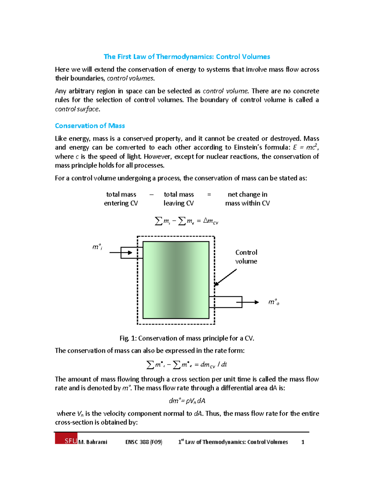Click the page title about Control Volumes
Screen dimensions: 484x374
(x=187, y=57)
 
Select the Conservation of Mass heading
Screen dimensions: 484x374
(x=90, y=126)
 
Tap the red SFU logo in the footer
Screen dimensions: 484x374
(x=66, y=438)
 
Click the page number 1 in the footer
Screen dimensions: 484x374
(x=303, y=442)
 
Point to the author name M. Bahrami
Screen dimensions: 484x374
(x=93, y=442)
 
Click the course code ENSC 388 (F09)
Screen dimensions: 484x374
(x=144, y=442)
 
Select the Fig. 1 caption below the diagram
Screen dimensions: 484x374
(x=187, y=338)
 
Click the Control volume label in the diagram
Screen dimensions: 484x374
(x=246, y=257)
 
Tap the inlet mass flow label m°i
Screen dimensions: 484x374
(x=97, y=247)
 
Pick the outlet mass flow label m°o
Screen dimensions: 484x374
(x=274, y=302)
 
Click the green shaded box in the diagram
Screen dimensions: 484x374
(x=176, y=280)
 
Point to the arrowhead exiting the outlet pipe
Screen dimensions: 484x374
(x=256, y=302)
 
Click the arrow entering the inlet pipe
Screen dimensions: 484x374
(x=125, y=252)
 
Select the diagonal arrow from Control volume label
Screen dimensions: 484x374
(x=225, y=277)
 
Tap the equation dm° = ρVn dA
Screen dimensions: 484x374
(x=187, y=401)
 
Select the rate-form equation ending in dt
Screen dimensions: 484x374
(x=187, y=365)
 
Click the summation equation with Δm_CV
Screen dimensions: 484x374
(x=186, y=221)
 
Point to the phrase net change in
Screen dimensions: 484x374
(x=247, y=194)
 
